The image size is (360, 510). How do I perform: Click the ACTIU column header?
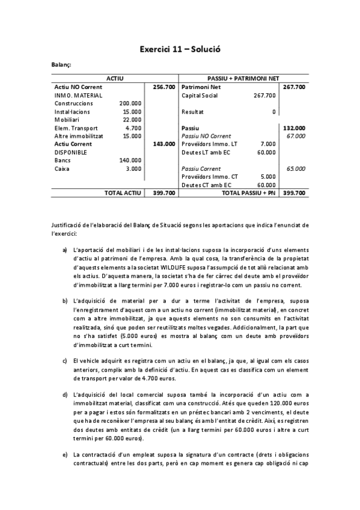coord(114,79)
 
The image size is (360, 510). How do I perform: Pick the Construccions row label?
coord(75,103)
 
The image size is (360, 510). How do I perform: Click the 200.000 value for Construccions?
coord(131,103)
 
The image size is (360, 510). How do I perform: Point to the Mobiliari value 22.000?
coord(132,120)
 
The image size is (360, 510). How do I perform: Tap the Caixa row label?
coord(62,169)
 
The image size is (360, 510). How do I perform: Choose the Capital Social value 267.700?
coord(265,95)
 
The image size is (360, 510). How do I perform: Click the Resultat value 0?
coord(274,112)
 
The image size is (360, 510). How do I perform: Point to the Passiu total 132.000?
coord(294,128)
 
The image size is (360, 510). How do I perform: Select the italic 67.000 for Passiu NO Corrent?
coord(296,136)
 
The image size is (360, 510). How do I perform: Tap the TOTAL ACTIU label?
coord(123,193)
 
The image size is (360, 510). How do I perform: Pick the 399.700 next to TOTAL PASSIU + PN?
coord(294,193)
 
